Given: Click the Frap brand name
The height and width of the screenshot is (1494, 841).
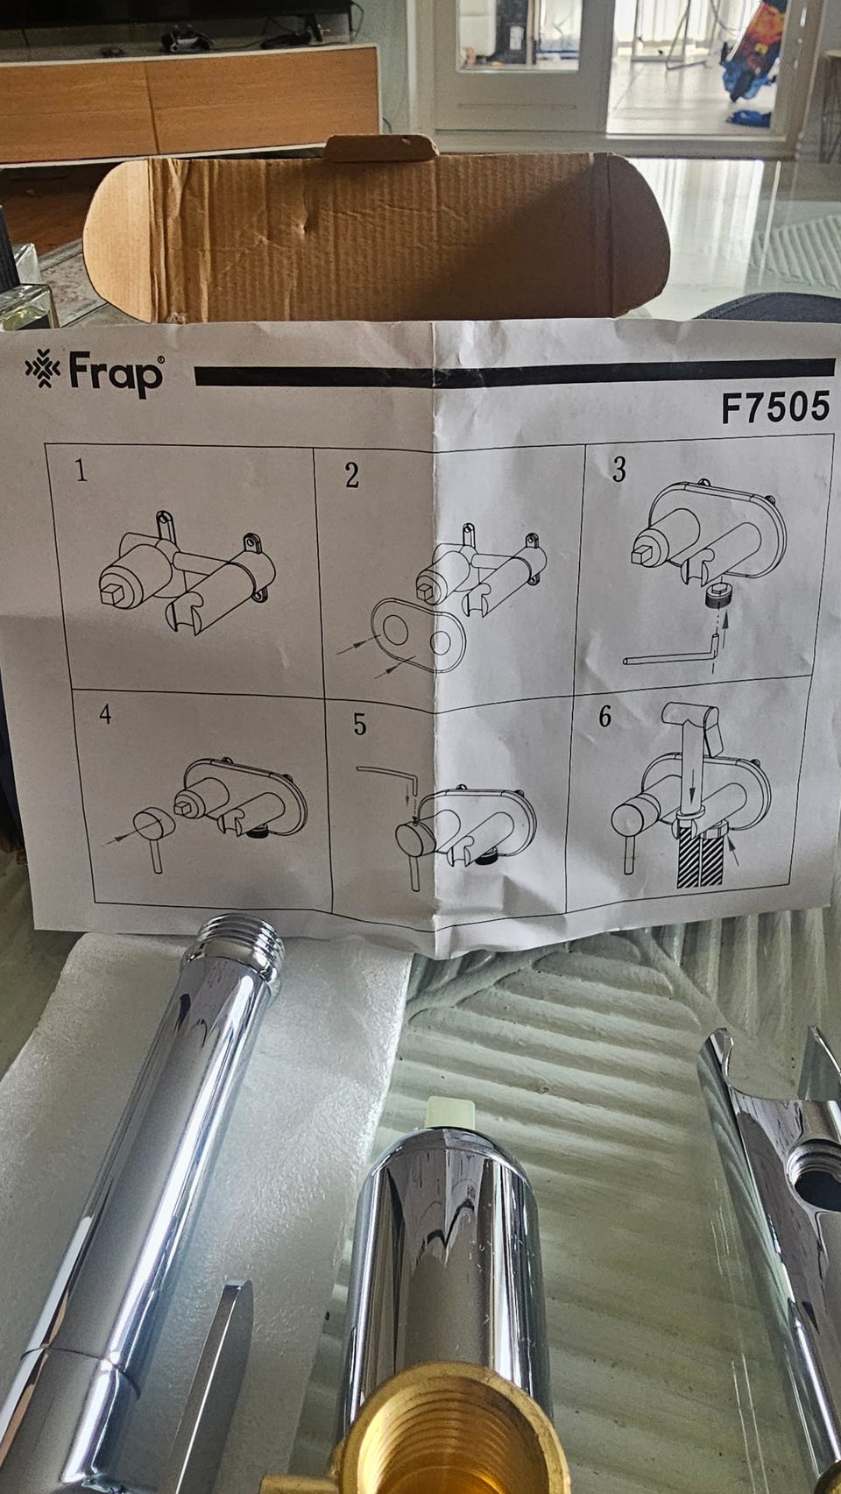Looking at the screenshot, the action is tap(116, 374).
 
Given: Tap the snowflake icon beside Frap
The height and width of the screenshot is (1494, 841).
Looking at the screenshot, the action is tap(43, 368).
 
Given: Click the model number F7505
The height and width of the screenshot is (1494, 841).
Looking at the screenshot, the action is tap(775, 407).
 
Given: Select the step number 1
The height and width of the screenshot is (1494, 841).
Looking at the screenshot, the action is tap(81, 470).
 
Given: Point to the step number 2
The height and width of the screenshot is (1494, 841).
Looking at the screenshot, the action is tap(352, 474).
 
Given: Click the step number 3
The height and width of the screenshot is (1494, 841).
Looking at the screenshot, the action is tap(618, 469).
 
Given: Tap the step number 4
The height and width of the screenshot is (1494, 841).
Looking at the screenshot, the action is tap(105, 714).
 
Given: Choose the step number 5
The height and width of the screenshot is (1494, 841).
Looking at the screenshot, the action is tap(359, 725).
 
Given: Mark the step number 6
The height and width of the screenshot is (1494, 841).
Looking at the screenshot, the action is tap(604, 716).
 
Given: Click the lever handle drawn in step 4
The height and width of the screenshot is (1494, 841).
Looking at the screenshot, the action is tap(155, 833).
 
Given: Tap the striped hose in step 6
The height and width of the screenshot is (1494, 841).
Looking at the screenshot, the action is tap(698, 861).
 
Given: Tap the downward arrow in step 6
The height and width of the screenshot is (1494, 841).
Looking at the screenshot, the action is tap(692, 782).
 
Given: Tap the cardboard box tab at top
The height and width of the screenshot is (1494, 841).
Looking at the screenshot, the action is tap(380, 148).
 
